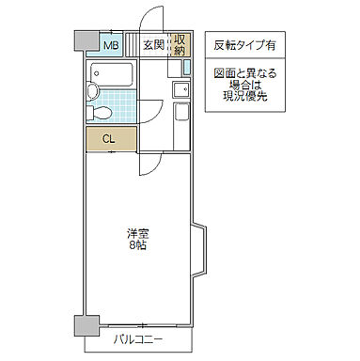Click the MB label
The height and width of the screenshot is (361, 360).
(110, 43)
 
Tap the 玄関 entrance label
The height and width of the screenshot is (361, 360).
(154, 43)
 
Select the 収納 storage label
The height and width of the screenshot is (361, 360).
(180, 43)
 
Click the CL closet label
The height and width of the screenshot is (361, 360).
(109, 139)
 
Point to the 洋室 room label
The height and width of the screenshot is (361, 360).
(138, 233)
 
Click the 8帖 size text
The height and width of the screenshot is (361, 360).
(138, 246)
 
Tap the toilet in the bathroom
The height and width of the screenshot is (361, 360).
(101, 112)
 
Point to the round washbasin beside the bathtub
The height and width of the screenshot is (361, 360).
(92, 92)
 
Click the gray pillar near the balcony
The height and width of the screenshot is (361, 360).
(84, 325)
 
